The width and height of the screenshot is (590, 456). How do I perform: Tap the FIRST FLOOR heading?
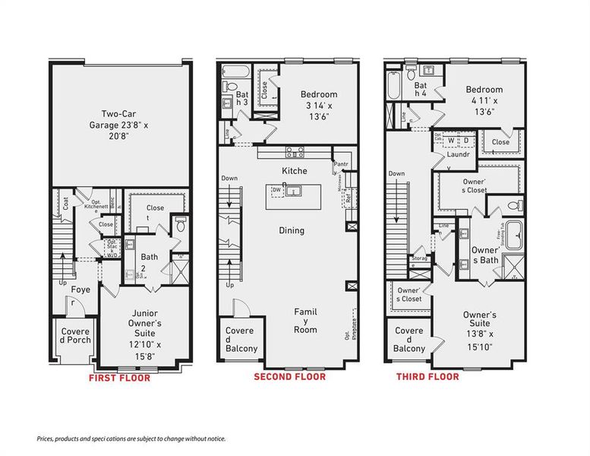[x=119, y=378]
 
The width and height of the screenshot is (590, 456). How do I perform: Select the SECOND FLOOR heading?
[x=289, y=377]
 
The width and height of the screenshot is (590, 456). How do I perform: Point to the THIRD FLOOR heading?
[x=428, y=376]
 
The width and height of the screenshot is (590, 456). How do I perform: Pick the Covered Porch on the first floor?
[x=75, y=336]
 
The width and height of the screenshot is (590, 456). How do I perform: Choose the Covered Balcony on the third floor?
[x=409, y=340]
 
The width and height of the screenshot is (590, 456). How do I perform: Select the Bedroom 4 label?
[x=484, y=100]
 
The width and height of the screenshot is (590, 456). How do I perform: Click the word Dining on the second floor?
[x=291, y=230]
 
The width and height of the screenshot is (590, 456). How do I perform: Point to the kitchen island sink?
[x=295, y=191]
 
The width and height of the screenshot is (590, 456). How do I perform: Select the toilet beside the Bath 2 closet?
[x=179, y=226]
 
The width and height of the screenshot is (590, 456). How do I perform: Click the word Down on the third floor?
[x=396, y=173]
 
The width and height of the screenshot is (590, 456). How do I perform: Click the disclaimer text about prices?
[x=131, y=439]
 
